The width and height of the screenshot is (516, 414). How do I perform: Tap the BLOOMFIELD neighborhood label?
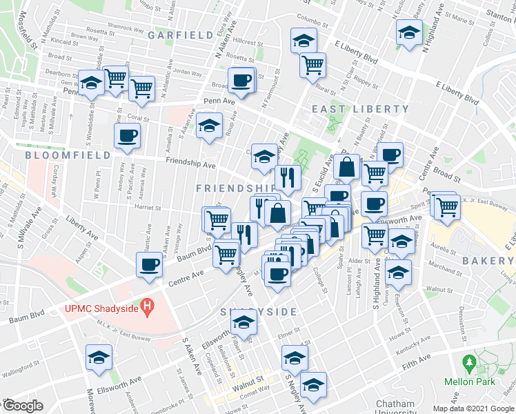[x=68, y=155]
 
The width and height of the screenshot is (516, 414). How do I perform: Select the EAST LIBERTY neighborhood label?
[x=360, y=109]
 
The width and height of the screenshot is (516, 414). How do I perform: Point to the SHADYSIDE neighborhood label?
[x=259, y=312]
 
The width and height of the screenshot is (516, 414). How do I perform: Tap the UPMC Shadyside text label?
[x=101, y=307]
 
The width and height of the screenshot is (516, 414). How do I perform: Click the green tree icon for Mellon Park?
[x=470, y=362]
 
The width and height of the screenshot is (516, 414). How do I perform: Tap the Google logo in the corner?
[x=23, y=406]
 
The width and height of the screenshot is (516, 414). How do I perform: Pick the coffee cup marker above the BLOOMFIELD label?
[x=127, y=135]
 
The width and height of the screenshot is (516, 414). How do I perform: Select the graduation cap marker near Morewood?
[x=99, y=357]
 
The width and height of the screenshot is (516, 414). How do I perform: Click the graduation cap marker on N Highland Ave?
[x=409, y=32]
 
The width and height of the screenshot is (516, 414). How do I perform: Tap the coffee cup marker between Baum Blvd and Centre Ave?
[x=149, y=264]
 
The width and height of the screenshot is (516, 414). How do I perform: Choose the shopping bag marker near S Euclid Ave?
[x=345, y=166]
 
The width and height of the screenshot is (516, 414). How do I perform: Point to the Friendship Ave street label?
[x=190, y=166]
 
